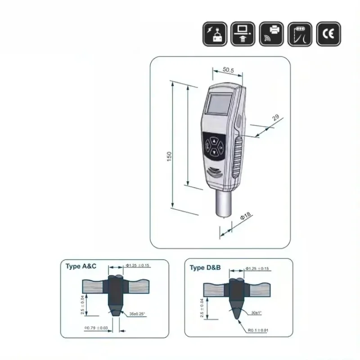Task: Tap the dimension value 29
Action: [276, 118]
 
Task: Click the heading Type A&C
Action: [81, 266]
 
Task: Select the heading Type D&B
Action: [205, 268]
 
